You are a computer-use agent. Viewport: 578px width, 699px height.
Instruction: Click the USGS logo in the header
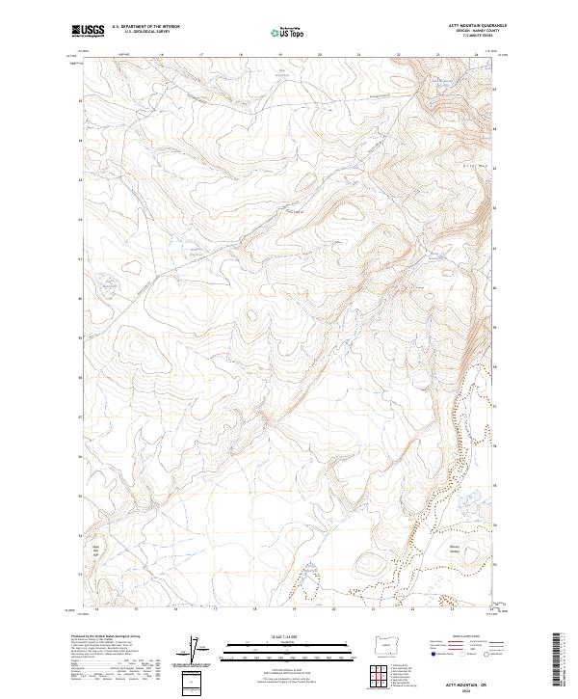pos(88,31)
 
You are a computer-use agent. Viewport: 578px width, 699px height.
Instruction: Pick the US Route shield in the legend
pos(460,652)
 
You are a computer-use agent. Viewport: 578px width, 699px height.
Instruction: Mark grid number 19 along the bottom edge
pos(293,609)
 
